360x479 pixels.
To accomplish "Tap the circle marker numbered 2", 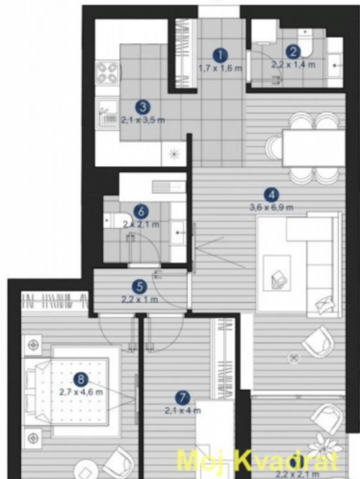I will [293, 52].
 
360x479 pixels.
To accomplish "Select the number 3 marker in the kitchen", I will [142, 107].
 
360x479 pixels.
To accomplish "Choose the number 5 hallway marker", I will [139, 286].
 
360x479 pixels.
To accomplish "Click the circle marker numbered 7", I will [182, 397].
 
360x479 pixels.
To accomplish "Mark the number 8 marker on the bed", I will [81, 378].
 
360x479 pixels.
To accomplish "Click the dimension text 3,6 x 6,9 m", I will [272, 208].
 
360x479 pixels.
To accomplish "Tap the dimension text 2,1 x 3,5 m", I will [142, 120].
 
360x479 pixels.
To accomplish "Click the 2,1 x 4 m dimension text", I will [182, 411].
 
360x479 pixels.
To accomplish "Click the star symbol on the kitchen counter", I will [175, 154].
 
